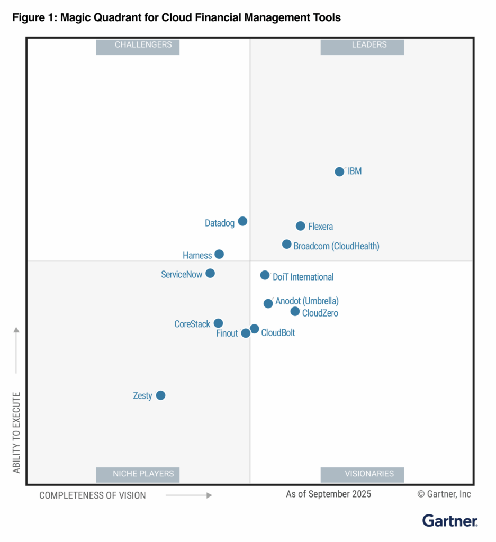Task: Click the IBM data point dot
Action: click(339, 171)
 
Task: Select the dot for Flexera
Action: click(300, 226)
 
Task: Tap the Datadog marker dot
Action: click(242, 221)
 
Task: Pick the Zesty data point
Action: click(160, 395)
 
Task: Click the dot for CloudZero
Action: click(295, 311)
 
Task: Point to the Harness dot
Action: click(219, 254)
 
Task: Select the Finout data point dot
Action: click(246, 333)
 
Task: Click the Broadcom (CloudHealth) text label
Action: click(336, 246)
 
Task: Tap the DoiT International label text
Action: click(303, 277)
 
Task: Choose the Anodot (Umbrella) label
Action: click(307, 301)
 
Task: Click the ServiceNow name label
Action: click(182, 275)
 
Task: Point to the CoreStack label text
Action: click(192, 324)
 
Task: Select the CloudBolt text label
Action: click(278, 333)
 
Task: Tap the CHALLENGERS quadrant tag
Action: click(138, 46)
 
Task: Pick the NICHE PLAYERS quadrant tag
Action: click(138, 474)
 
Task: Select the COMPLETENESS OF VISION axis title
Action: click(93, 495)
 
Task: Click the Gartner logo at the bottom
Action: click(450, 521)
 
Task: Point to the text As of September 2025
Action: click(329, 494)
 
